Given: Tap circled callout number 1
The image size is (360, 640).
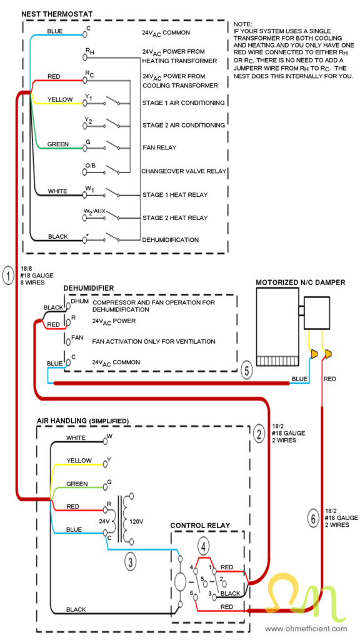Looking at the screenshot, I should pos(7,274).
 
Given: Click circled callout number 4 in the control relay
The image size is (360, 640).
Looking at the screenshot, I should pos(203,546).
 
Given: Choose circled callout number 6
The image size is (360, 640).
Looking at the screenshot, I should pos(312,518).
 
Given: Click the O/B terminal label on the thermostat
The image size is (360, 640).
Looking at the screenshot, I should pos(91,165).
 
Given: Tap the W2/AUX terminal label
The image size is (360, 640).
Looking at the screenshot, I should pos(94,212).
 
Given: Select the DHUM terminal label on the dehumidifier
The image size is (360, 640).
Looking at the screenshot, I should pos(79,301).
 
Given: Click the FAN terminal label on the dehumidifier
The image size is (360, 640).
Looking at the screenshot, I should pos(77,337).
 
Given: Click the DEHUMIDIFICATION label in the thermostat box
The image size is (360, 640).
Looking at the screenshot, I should pos(171,239).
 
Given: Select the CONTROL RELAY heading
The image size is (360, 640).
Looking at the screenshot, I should pos(200,525).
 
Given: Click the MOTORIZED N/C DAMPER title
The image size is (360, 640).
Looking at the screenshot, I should pos(300,282).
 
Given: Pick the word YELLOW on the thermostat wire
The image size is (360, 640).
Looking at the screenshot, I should pos(59,99).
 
